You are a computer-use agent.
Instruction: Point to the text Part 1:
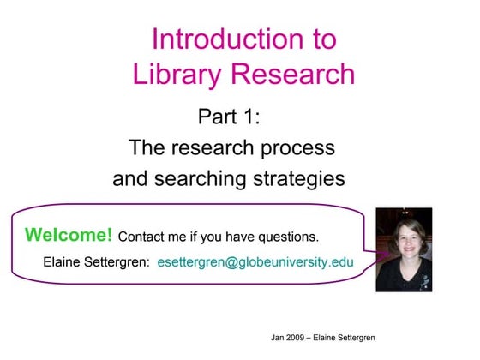[230, 116]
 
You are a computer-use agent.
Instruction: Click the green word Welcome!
[69, 235]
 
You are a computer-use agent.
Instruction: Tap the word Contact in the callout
[141, 237]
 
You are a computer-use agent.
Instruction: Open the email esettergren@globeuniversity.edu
[255, 261]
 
